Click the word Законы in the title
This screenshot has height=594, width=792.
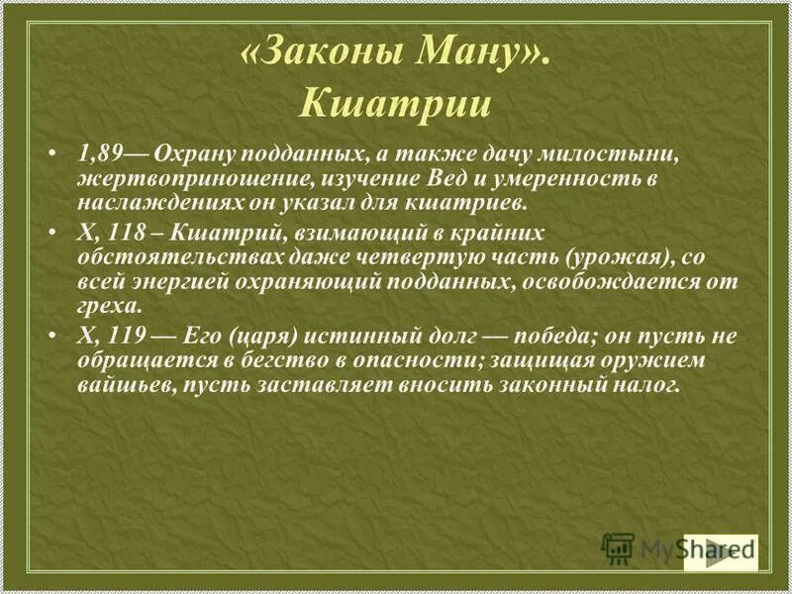pyautogui.click(x=317, y=56)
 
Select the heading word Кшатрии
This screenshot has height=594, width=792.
pyautogui.click(x=395, y=103)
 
